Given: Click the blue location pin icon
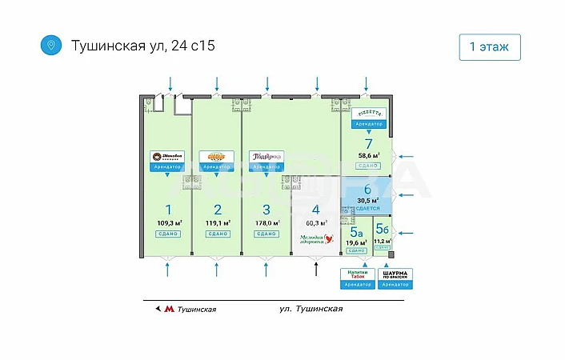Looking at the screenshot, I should click(x=51, y=45).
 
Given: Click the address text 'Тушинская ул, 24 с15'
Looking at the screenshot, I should click(x=143, y=46).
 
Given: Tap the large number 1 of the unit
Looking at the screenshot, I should click(x=168, y=210).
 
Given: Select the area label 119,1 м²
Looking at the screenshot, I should click(x=217, y=223).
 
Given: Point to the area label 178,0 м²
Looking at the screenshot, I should click(x=266, y=223).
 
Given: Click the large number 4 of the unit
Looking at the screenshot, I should click(x=316, y=210).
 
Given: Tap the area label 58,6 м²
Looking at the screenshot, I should click(x=368, y=156).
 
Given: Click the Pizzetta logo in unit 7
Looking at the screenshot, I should click(x=368, y=116).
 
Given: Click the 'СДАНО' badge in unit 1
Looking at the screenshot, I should click(x=168, y=234).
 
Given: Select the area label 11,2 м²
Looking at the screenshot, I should click(x=383, y=241).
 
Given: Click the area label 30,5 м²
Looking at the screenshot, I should click(x=368, y=200).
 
